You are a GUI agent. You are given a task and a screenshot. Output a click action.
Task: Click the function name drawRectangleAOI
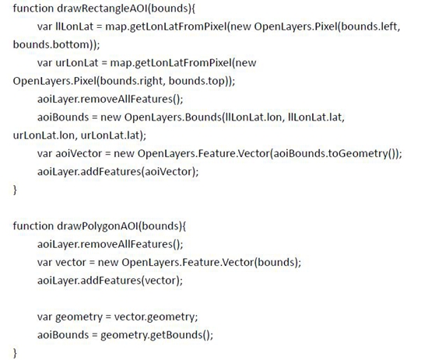coord(103,9)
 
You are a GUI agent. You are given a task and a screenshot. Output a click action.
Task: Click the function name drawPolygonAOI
coord(98,226)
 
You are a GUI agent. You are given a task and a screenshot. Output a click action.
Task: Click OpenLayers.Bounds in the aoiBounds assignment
coord(173,117)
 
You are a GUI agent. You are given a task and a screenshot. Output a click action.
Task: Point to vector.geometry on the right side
coord(154,317)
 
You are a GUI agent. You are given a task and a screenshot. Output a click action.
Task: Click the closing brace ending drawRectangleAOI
coord(15,190)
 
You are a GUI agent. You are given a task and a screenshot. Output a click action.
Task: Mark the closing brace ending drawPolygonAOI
coord(15,353)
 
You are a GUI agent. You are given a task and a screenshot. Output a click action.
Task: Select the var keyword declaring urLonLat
coord(45,63)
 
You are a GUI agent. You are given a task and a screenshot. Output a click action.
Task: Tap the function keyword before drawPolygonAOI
coord(33,226)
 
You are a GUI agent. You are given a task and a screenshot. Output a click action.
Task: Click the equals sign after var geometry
coord(108,317)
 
